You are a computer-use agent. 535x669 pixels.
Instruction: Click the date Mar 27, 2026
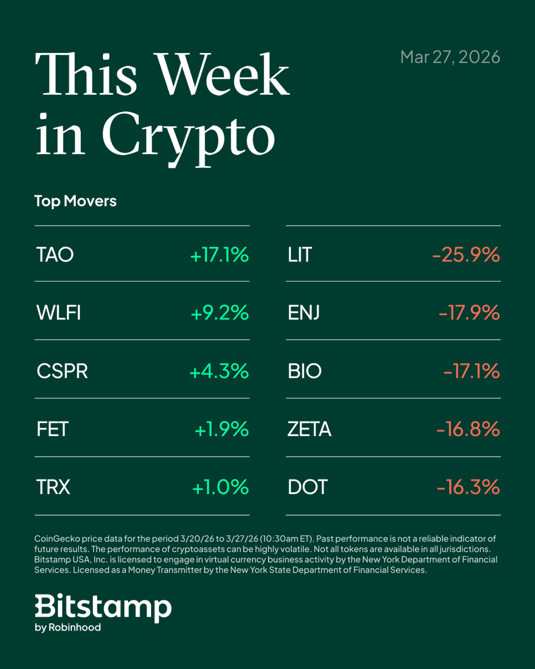[x=450, y=57]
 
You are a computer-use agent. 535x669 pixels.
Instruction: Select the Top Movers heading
[x=75, y=201]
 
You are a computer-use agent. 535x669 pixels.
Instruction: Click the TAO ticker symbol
[x=55, y=255]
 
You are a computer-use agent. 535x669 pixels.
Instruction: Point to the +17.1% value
[x=219, y=255]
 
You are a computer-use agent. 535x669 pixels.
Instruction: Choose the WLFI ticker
[x=59, y=313]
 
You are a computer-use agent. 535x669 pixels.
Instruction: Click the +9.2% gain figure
[x=220, y=313]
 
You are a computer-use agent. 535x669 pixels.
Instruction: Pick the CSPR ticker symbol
[x=62, y=371]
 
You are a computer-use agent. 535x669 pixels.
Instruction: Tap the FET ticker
[x=53, y=429]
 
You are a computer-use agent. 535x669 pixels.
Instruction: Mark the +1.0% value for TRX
[x=220, y=488]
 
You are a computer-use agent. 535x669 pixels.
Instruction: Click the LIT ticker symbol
[x=300, y=255]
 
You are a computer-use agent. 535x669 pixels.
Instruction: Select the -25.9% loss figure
[x=466, y=255]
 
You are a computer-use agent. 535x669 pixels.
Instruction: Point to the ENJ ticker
[x=304, y=313]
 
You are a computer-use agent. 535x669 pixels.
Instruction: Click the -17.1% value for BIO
[x=471, y=371]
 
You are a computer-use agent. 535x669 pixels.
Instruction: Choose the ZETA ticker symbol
[x=309, y=429]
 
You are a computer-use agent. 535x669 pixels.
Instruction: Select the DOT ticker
[x=308, y=488]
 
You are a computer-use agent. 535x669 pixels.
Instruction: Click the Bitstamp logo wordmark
[x=103, y=607]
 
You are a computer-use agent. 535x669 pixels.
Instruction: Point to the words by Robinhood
[x=67, y=628]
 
